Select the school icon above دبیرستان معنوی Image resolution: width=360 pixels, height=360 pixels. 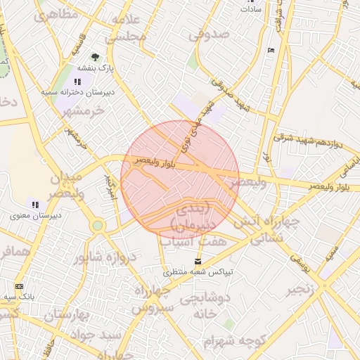pyautogui.click(x=34, y=205)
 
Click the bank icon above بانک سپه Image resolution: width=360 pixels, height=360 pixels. pyautogui.click(x=18, y=286)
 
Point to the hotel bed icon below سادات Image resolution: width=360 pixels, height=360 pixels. pyautogui.click(x=271, y=51)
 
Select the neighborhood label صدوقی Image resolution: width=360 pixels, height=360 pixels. pyautogui.click(x=209, y=34)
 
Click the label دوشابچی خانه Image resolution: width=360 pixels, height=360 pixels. pyautogui.click(x=205, y=306)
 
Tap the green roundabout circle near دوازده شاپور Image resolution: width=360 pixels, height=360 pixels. pyautogui.click(x=97, y=226)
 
